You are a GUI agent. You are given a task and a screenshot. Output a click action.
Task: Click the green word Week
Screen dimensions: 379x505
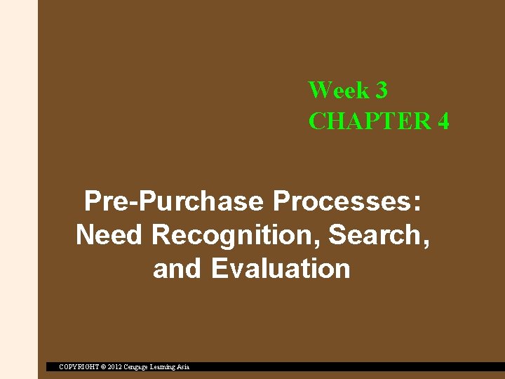(338, 90)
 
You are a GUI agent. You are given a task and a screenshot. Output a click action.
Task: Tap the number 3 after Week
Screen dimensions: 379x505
(382, 90)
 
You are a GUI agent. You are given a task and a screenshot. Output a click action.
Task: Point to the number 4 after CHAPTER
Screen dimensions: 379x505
(443, 121)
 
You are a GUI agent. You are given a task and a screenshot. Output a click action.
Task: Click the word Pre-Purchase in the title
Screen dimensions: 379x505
(173, 202)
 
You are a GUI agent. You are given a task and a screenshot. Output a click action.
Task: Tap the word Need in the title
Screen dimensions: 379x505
(109, 235)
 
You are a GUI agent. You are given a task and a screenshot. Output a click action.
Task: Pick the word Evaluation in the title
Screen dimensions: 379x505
(280, 268)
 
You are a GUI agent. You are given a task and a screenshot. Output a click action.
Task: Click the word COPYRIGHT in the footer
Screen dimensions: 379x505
(78, 366)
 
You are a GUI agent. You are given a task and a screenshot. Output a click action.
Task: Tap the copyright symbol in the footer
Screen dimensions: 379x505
(102, 366)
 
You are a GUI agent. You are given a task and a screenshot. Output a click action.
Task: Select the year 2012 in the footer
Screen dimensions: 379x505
(114, 366)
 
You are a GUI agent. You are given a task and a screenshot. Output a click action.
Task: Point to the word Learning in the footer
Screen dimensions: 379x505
(166, 366)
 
